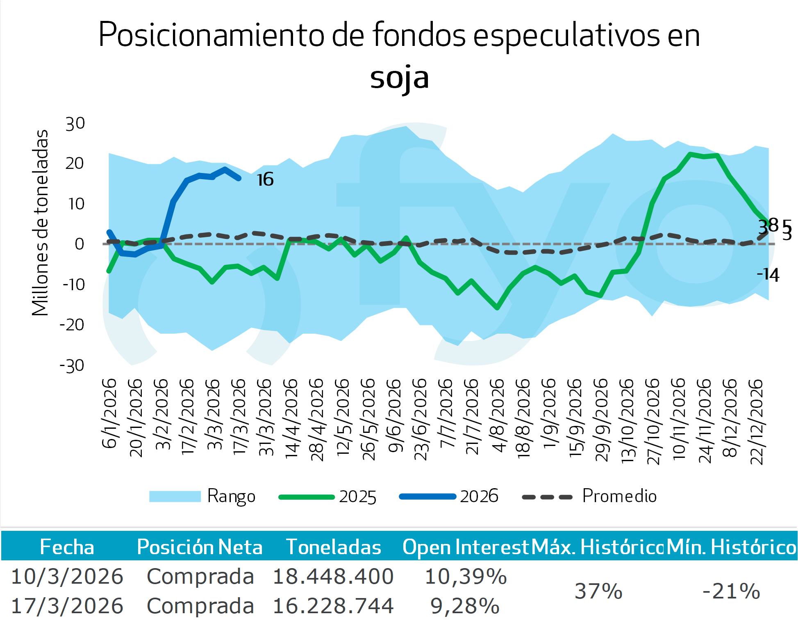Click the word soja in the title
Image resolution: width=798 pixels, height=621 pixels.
click(399, 78)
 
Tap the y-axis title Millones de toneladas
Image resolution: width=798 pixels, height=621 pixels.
click(40, 223)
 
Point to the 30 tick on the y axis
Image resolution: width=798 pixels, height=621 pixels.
click(75, 123)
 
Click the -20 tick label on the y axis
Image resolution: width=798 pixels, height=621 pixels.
click(72, 325)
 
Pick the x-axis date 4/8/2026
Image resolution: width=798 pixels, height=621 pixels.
click(498, 415)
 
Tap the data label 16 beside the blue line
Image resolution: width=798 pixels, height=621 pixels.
click(265, 180)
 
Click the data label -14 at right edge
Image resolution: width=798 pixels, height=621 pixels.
click(768, 274)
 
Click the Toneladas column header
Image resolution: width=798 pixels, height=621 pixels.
click(333, 547)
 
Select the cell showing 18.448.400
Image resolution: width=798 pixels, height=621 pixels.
click(333, 576)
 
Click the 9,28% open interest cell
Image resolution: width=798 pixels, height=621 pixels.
click(465, 606)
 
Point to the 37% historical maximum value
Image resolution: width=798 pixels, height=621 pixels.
click(598, 591)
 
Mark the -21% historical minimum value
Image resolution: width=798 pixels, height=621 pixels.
click(731, 591)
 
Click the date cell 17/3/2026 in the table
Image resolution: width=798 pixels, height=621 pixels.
click(67, 606)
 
